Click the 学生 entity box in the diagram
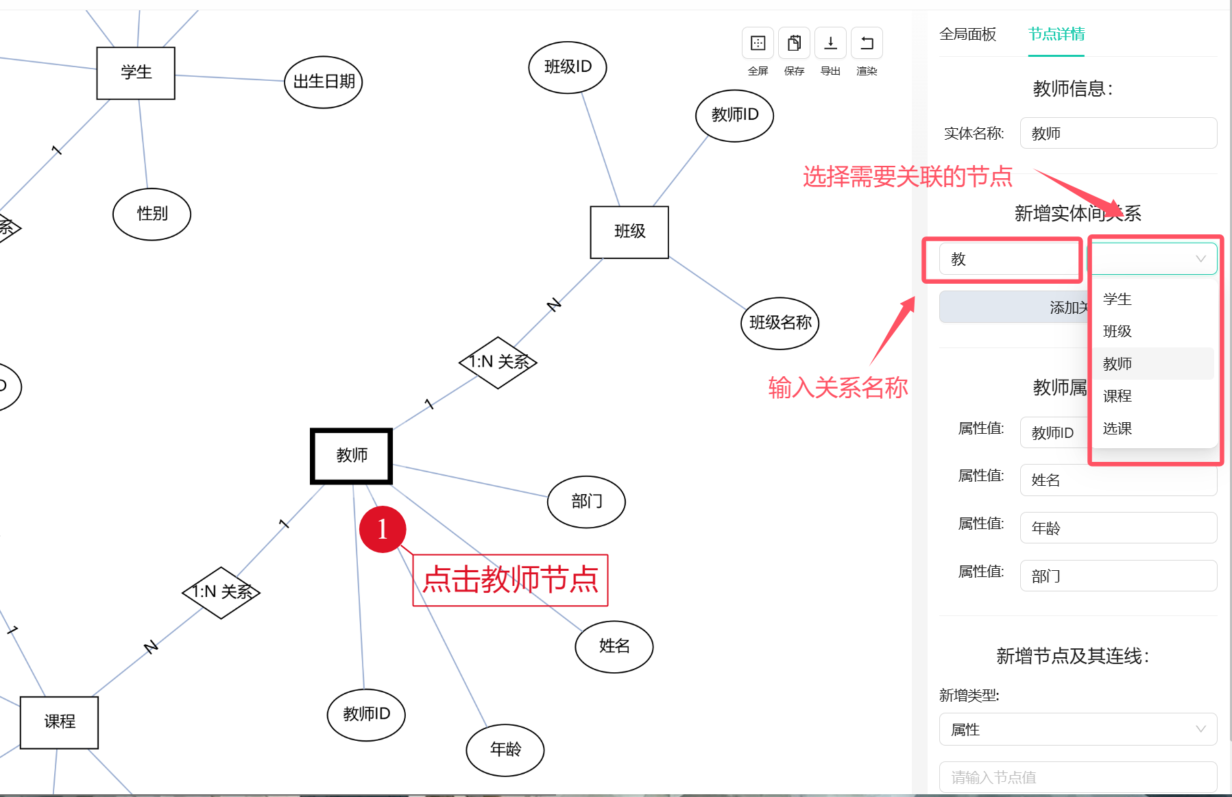(136, 73)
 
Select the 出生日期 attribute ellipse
(324, 82)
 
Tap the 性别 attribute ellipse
(152, 214)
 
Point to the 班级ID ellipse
(568, 67)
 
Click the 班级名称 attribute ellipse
(780, 323)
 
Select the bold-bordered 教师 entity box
(352, 456)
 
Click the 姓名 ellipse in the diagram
(614, 646)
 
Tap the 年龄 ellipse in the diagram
(505, 750)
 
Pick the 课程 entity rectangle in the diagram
(60, 722)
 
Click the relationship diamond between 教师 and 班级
(498, 362)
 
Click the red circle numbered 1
(383, 529)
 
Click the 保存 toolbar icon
(794, 44)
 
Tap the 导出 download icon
(830, 44)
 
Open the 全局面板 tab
(967, 34)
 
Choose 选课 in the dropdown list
(1118, 429)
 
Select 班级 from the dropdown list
(1118, 332)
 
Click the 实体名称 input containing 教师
(1118, 134)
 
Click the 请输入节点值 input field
(1078, 777)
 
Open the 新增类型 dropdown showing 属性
(1078, 730)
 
